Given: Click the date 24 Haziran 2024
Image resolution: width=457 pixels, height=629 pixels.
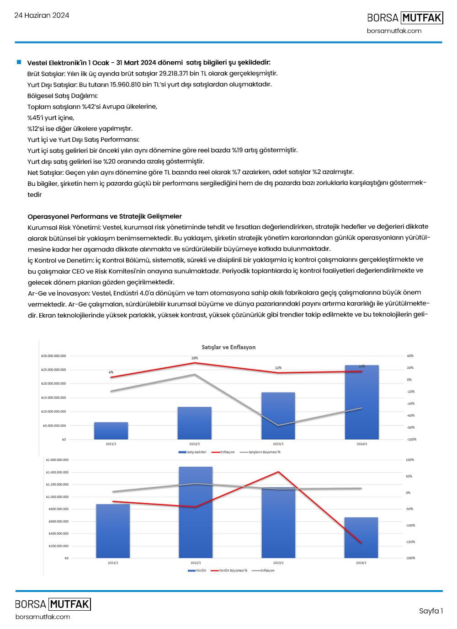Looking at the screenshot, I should tap(42, 15).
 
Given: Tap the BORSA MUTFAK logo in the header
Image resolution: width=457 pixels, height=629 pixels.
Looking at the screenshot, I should tap(405, 18).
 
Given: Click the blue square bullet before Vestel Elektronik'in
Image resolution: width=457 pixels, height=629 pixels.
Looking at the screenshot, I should tap(19, 62).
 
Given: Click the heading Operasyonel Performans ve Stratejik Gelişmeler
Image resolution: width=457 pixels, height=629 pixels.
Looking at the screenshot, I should tap(105, 216).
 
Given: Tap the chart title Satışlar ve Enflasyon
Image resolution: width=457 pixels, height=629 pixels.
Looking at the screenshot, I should tap(228, 347).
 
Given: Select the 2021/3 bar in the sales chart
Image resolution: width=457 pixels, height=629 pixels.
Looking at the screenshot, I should tap(111, 431).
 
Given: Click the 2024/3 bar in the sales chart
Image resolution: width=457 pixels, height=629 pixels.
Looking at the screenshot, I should tap(361, 403).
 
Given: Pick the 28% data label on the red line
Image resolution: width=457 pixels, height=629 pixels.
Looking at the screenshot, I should tap(195, 358).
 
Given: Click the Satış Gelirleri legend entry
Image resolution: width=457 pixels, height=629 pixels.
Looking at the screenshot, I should tap(196, 452).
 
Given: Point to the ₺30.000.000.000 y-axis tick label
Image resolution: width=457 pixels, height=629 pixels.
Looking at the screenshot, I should tap(54, 356).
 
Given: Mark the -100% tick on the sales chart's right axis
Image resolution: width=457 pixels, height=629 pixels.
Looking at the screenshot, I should tap(411, 439).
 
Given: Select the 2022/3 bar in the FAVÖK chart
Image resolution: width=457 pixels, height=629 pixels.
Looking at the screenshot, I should tap(196, 512).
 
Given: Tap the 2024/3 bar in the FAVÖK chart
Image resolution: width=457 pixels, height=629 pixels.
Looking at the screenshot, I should tap(361, 538).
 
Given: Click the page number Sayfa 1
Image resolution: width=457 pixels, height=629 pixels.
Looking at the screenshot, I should tap(430, 611).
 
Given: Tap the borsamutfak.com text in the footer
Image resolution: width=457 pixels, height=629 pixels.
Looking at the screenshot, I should tap(43, 617).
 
